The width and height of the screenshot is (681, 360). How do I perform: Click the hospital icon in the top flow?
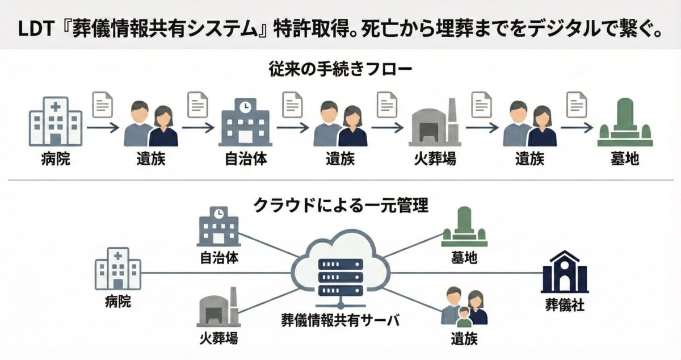point(55,121)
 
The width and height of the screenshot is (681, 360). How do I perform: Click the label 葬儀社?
point(565,307)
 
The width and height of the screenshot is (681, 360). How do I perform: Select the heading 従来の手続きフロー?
point(340,70)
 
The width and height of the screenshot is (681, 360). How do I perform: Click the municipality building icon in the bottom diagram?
point(218,228)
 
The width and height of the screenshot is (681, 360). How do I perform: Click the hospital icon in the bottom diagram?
point(118,270)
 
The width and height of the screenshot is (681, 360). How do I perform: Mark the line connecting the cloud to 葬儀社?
point(465,273)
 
